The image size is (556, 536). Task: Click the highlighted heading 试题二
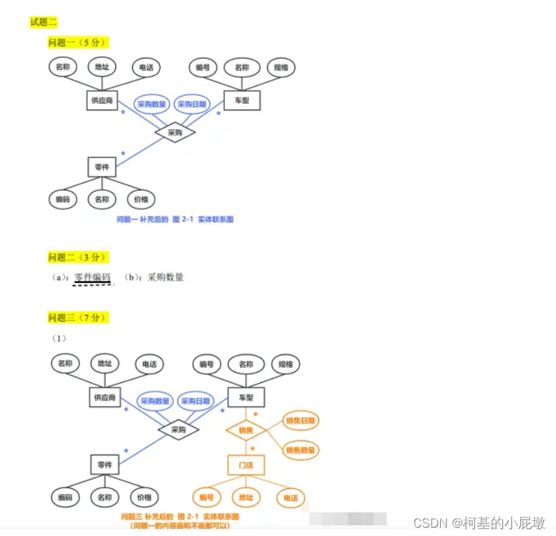click(x=43, y=22)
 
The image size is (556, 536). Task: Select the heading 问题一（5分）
click(x=78, y=43)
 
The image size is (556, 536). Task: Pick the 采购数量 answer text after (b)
click(x=166, y=277)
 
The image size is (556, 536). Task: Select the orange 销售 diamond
click(x=246, y=430)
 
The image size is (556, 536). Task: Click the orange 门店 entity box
click(x=246, y=465)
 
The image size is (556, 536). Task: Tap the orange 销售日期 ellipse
click(x=301, y=420)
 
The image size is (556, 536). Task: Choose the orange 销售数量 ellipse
click(x=301, y=450)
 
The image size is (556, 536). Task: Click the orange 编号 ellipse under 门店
click(x=206, y=497)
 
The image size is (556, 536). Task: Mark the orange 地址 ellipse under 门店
click(x=246, y=497)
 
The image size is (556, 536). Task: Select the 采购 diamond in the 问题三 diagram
click(x=178, y=430)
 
